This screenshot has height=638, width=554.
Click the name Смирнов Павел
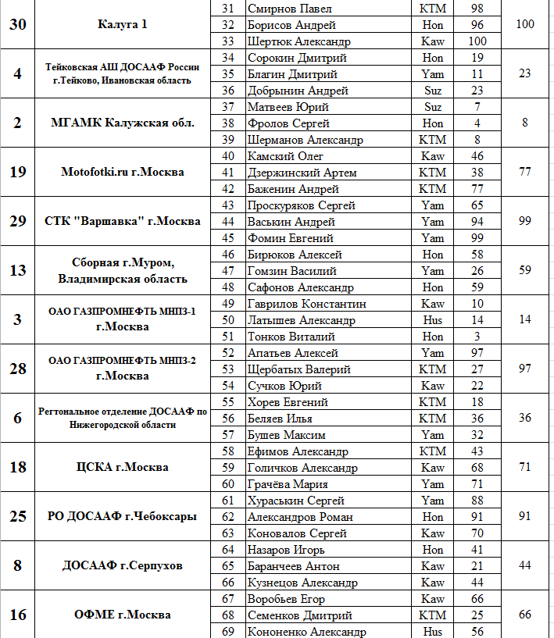point(283,8)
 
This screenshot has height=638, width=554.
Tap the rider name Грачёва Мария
point(287,483)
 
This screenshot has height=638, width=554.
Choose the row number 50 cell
point(228,320)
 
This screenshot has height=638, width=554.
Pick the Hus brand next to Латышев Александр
point(432,320)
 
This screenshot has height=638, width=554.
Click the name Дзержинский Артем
point(302,172)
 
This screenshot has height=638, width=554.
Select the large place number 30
point(18,24)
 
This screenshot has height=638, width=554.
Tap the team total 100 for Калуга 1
point(525,24)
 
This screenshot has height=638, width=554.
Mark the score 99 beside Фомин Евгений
point(477,238)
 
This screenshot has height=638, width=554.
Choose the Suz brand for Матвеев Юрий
point(432,107)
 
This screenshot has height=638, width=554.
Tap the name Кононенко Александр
point(306,631)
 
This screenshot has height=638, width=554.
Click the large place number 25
point(18,516)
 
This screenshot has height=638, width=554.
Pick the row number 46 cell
point(228,255)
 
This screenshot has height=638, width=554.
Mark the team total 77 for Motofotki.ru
point(525,172)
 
